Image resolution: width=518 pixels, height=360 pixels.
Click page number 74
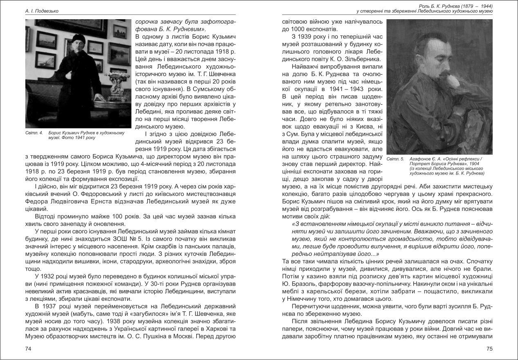click(28, 349)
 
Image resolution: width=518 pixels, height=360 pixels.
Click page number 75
click(489, 349)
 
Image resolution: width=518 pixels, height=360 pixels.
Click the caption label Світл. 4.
click(34, 133)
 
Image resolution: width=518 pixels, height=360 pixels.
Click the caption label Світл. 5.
click(395, 159)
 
